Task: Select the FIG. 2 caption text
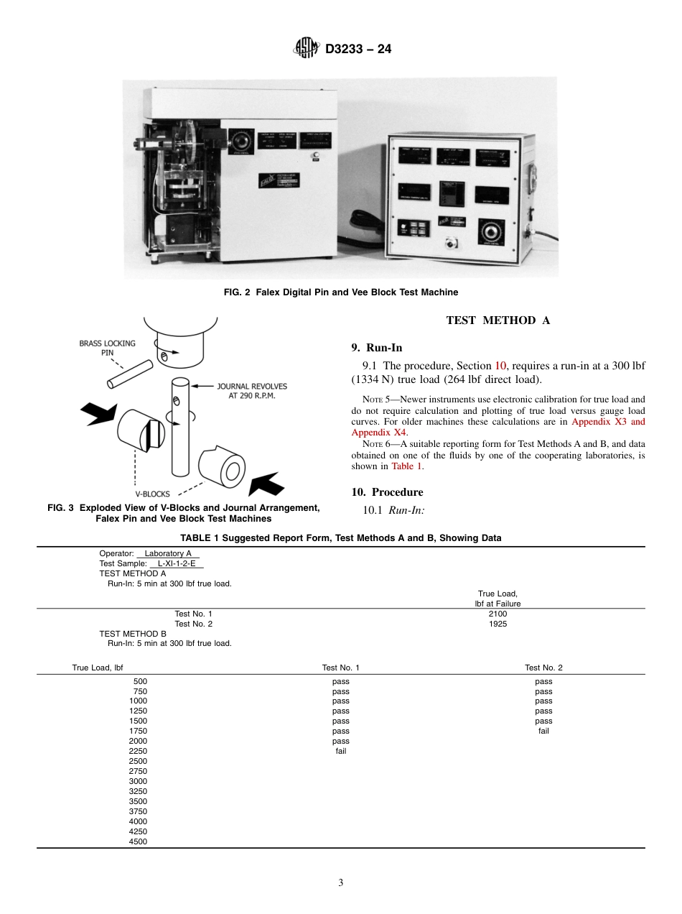340,292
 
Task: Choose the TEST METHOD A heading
498,320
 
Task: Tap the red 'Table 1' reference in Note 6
406,466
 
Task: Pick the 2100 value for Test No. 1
498,614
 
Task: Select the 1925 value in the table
498,624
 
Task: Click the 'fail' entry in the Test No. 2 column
543,731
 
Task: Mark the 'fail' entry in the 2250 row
340,751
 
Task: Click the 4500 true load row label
138,841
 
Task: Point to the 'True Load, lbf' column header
98,668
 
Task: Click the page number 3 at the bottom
341,882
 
